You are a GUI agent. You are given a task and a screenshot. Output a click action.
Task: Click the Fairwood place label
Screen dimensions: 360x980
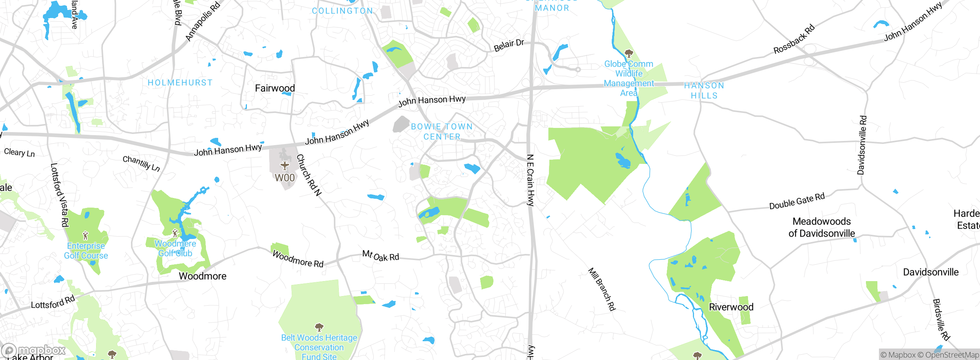[275, 88]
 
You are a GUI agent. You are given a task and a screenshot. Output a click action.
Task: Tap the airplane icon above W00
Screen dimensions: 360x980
[284, 165]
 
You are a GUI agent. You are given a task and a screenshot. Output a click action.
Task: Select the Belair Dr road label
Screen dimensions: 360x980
[509, 45]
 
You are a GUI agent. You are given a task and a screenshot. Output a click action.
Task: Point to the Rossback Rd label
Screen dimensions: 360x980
[794, 39]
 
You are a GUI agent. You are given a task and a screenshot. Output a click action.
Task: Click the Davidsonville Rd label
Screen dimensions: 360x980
[861, 145]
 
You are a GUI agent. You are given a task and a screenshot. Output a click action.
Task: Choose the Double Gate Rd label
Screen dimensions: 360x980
[797, 201]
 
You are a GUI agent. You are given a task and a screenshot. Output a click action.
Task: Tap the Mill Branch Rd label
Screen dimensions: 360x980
[602, 289]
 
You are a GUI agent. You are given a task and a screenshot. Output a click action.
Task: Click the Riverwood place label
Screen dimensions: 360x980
[731, 307]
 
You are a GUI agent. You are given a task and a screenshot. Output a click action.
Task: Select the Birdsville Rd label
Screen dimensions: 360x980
[941, 319]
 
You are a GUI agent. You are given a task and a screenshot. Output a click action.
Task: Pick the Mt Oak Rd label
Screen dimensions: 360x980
[381, 255]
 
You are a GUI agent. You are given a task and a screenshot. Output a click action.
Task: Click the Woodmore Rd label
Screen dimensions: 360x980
[298, 259]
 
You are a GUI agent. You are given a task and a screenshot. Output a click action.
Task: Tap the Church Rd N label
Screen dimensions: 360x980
[309, 175]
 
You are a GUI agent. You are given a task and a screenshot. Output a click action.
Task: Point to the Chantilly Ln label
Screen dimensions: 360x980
[141, 163]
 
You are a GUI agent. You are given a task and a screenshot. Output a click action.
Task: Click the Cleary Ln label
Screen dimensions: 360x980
[19, 152]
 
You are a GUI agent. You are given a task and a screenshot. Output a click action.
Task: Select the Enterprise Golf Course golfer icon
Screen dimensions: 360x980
[85, 235]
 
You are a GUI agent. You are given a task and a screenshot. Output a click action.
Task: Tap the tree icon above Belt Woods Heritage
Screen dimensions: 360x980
[319, 327]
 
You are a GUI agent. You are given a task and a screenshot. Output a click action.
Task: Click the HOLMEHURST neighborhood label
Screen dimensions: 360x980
[180, 83]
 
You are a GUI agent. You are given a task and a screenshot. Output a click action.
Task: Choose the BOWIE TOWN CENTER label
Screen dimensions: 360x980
[442, 131]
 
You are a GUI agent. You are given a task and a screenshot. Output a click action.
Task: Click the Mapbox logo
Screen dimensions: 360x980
[34, 350]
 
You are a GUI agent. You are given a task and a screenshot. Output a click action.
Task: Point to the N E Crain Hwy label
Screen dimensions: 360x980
[530, 180]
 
